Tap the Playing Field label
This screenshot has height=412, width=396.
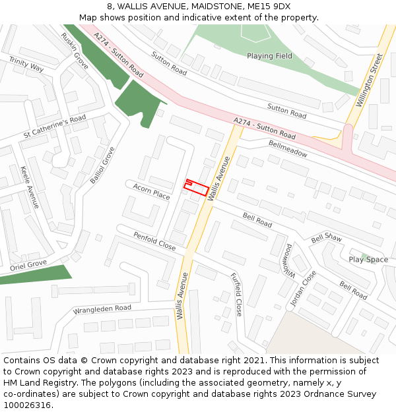pyautogui.click(x=269, y=56)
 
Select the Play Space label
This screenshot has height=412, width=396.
pyautogui.click(x=368, y=260)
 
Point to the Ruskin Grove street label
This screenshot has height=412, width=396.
pyautogui.click(x=75, y=51)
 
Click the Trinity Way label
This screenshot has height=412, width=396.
pyautogui.click(x=26, y=64)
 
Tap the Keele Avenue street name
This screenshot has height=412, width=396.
pyautogui.click(x=30, y=187)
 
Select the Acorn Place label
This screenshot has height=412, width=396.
pyautogui.click(x=152, y=191)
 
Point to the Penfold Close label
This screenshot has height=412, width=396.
pyautogui.click(x=154, y=241)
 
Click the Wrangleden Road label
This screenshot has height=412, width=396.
pyautogui.click(x=102, y=309)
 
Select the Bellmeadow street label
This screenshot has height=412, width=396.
pyautogui.click(x=288, y=148)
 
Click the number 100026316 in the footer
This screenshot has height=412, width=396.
pyautogui.click(x=27, y=405)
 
